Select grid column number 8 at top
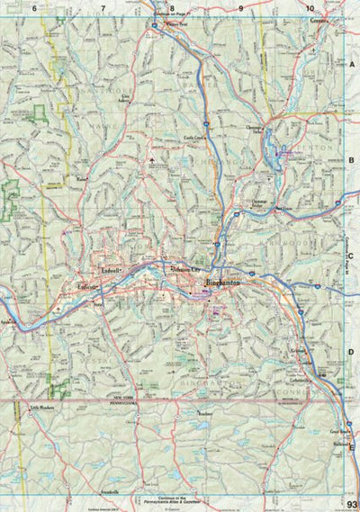click(x=172, y=7)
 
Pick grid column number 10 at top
click(x=309, y=7)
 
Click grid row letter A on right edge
click(x=354, y=67)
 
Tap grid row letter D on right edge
click(x=354, y=353)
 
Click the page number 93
click(x=351, y=505)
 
